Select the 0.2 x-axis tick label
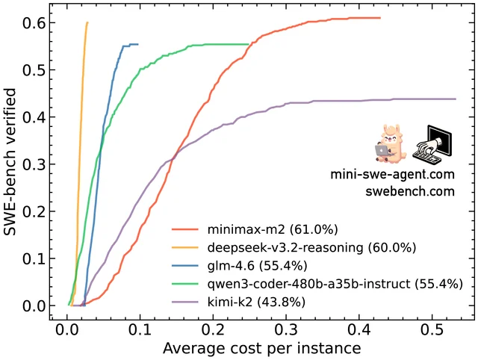tap(214, 330)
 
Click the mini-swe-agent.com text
tap(393, 175)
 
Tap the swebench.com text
tap(410, 191)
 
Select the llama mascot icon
tap(392, 144)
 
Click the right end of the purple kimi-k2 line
tap(456, 99)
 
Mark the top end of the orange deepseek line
tap(87, 22)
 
